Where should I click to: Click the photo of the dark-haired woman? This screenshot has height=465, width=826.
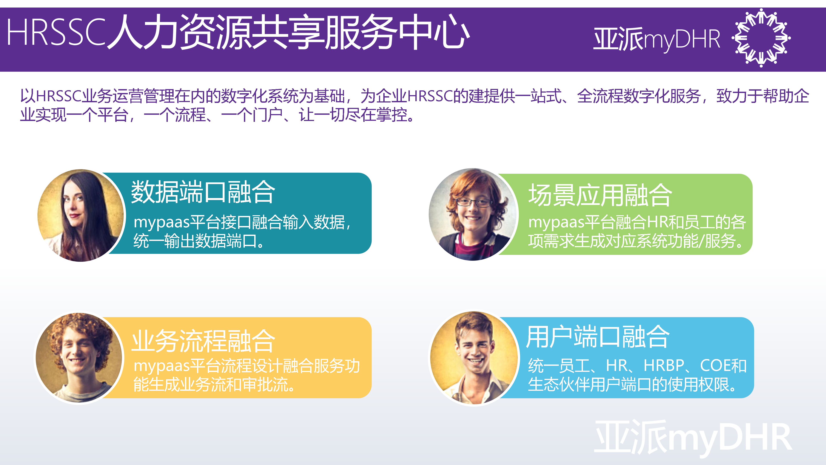pos(80,215)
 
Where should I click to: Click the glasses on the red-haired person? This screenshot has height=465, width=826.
pos(474,202)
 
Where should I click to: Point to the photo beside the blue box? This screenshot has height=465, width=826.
pos(474,358)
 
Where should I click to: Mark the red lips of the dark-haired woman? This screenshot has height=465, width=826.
pos(74,216)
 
